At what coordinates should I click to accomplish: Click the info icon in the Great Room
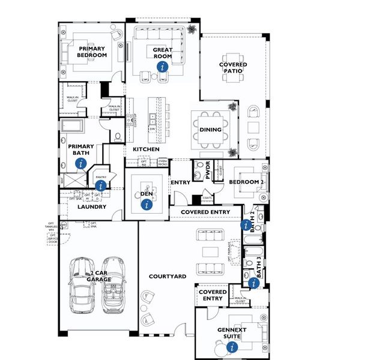[161, 67]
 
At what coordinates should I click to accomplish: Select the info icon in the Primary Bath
[82, 163]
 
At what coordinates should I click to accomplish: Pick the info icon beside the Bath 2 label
[245, 225]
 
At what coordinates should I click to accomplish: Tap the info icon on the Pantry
[100, 186]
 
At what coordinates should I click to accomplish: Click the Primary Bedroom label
[92, 52]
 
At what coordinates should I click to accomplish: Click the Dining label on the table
[210, 130]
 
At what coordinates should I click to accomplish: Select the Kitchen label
[146, 149]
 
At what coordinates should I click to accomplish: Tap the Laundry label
[92, 207]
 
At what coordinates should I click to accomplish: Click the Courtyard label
[167, 276]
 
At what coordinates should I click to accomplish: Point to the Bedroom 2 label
[246, 182]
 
